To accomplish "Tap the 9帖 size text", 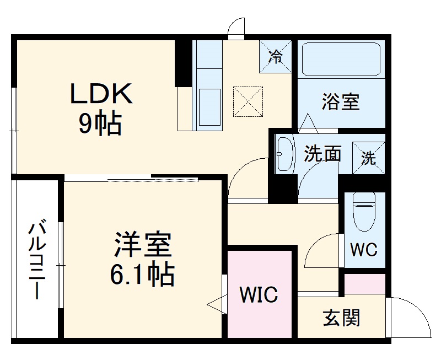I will (100, 125).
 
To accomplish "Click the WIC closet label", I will (257, 294).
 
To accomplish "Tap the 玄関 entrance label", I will (341, 318).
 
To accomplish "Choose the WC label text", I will (364, 249).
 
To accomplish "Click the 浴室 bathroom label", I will (341, 102).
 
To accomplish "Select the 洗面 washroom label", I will (322, 154).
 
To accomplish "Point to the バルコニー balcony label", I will (37, 259).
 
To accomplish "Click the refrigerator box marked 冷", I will (275, 56).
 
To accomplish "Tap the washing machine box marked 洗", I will (368, 158).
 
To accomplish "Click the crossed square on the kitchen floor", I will (246, 101).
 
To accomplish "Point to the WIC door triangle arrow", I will (217, 302).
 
